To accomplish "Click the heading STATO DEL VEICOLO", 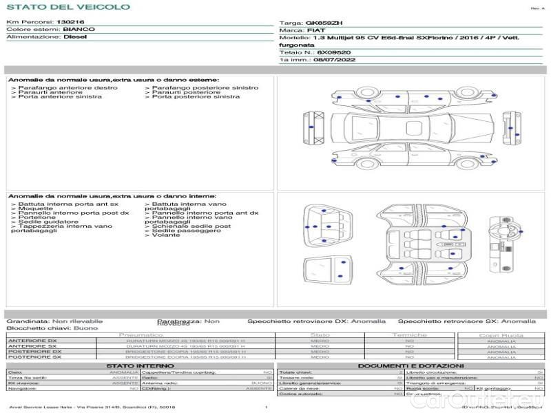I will (67, 7).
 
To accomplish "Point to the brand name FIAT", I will (313, 31).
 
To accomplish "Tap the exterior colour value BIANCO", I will (79, 30).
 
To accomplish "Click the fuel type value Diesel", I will (74, 37).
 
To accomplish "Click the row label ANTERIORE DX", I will (32, 341).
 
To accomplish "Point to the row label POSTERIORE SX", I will (33, 357).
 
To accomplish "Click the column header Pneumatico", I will (141, 335).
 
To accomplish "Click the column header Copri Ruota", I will (501, 335).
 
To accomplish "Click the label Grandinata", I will (28, 321).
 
